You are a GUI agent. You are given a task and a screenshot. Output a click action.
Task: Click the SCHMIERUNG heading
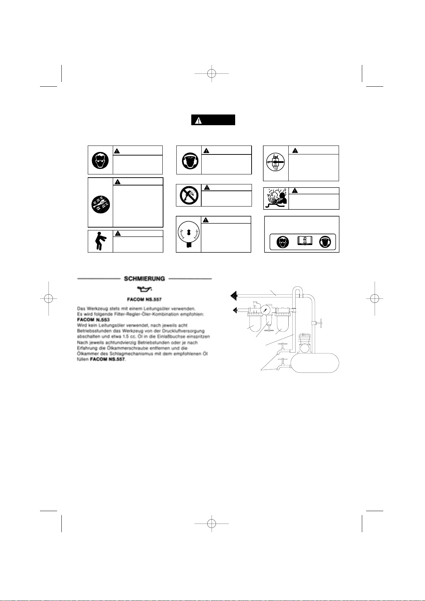point(144,279)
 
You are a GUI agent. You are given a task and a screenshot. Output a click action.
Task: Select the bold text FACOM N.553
point(91,320)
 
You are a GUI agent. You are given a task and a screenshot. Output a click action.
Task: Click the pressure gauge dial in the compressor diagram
point(265,310)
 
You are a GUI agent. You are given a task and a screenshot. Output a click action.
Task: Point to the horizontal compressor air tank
point(314,362)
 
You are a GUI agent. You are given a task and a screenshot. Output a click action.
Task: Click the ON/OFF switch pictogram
point(275,162)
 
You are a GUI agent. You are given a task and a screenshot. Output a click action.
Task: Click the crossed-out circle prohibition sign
point(188,195)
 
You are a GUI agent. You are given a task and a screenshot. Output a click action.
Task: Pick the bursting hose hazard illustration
point(275,198)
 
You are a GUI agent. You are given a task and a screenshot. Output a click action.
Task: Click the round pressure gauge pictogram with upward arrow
point(188,234)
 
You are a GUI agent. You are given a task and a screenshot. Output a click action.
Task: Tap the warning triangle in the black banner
point(198,120)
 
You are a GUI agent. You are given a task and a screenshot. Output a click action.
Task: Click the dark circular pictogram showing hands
point(100,203)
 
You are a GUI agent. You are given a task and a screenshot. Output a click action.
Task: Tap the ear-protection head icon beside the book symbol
point(327,242)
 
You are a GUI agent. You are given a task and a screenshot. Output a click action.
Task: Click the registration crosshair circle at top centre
point(212,74)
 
